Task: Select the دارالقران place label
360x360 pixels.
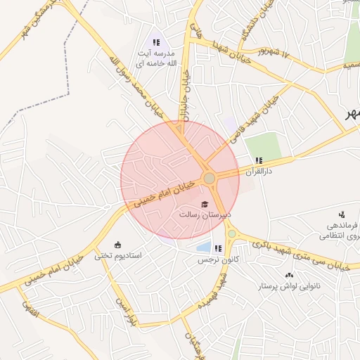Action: (259, 171)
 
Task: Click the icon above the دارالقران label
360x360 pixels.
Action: (259, 160)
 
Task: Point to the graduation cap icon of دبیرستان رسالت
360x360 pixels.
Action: (205, 204)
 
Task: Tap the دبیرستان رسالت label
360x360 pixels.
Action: (210, 214)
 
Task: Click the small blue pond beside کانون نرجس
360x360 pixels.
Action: (203, 247)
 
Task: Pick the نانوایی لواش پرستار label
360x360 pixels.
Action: (290, 287)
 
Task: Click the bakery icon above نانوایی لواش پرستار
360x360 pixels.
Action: (289, 275)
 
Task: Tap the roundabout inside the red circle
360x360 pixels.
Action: (209, 178)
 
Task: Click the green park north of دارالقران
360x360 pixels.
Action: (263, 146)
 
